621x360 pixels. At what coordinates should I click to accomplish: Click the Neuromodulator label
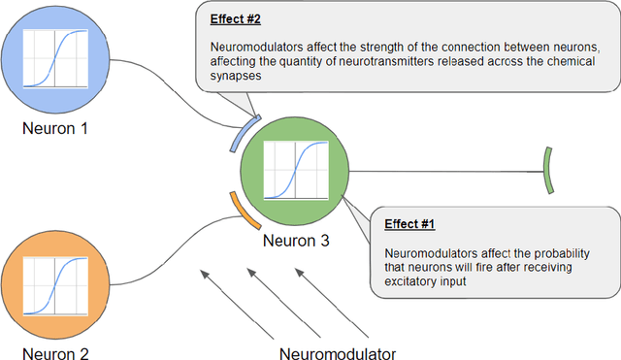point(338,352)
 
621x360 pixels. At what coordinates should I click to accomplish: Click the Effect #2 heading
point(233,16)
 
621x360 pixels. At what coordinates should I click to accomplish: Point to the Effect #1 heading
point(409,224)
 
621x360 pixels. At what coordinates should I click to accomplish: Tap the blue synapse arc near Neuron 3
point(243,133)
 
